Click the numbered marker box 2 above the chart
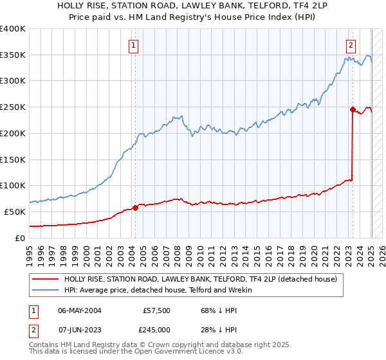351,45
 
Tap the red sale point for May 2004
135,208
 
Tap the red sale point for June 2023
353,109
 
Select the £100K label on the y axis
13,185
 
